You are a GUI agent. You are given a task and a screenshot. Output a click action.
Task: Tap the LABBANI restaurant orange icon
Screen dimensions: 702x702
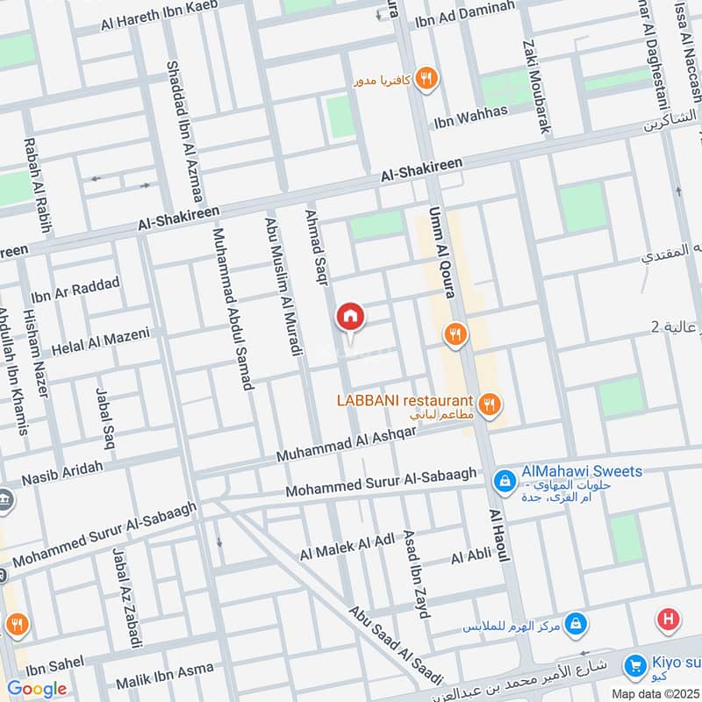coord(491,404)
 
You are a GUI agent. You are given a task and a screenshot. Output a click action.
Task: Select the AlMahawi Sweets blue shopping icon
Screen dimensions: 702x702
coord(505,480)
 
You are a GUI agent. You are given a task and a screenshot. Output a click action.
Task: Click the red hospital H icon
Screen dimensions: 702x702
coord(668,620)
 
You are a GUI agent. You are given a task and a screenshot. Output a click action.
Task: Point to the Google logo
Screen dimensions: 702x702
coord(36,689)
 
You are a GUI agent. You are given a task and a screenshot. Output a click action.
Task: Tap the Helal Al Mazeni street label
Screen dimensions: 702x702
coord(101,340)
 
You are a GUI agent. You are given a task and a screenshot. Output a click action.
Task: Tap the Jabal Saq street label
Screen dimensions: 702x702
coord(105,413)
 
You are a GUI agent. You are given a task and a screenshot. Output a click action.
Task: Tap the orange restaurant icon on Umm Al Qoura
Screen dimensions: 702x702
coord(454,333)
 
